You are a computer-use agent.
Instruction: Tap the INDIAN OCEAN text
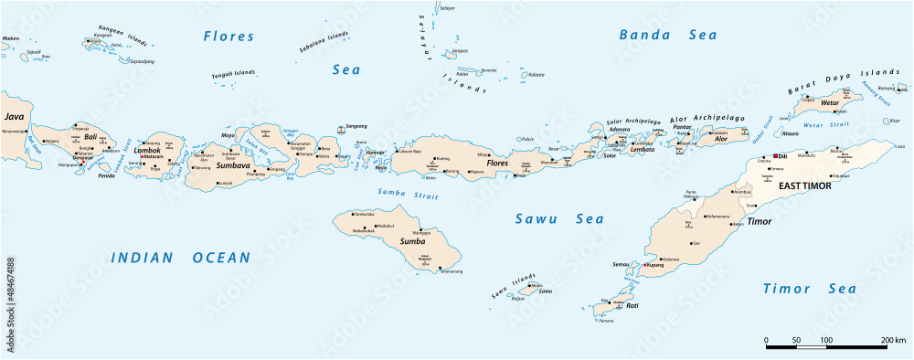point(181,259)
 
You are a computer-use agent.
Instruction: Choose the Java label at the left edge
point(14,118)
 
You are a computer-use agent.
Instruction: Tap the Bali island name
point(90,137)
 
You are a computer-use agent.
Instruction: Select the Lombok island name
point(147,151)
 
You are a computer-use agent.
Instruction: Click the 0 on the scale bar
point(766,340)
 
